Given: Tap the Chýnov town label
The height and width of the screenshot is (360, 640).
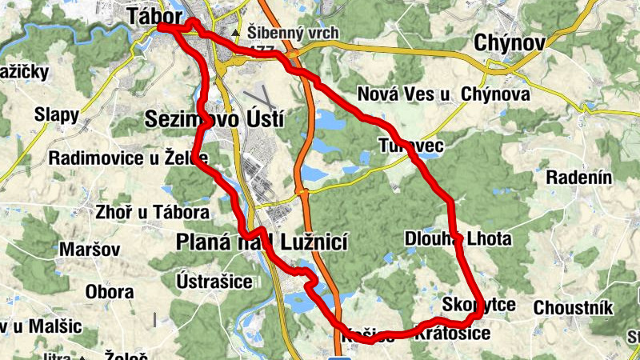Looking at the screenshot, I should [x=509, y=42].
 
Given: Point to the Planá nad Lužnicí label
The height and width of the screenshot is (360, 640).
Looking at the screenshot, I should [x=261, y=241].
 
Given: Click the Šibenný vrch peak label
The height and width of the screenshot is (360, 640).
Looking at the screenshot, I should [x=293, y=34].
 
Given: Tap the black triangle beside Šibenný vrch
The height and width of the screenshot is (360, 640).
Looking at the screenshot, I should [x=235, y=34].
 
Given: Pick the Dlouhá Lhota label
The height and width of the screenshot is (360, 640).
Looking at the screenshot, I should [x=457, y=238].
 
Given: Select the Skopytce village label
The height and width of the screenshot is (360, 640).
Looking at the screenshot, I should [x=478, y=305].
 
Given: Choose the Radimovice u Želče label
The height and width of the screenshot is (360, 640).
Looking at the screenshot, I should [x=128, y=158].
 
